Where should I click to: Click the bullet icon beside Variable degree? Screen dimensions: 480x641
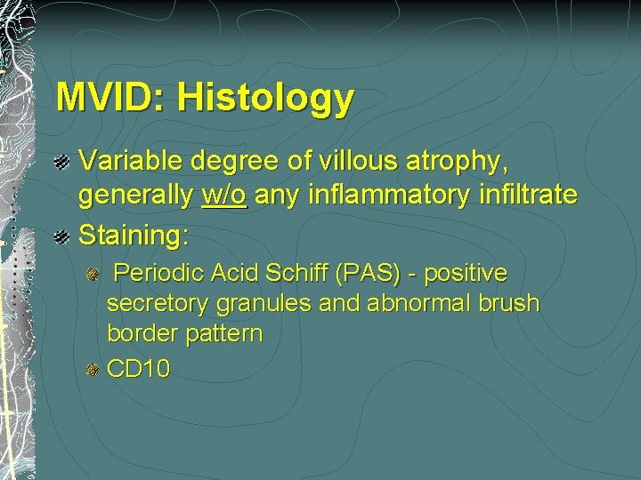click(x=64, y=162)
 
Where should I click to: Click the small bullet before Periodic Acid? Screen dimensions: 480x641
click(x=92, y=274)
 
